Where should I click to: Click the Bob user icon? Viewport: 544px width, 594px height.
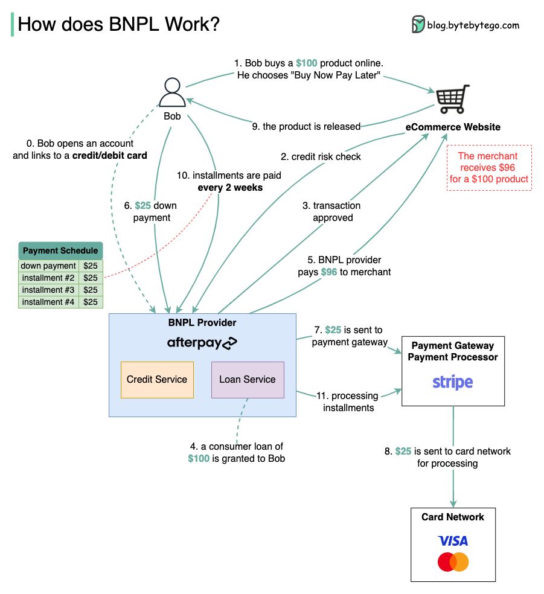point(172,94)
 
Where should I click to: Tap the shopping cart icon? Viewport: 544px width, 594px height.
point(453,98)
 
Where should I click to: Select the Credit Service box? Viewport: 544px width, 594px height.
point(157,380)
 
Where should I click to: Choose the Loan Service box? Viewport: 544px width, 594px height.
point(248,380)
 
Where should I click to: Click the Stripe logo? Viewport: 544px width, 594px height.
point(453,382)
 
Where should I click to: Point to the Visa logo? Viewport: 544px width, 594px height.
point(453,540)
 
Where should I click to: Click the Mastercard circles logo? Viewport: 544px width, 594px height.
point(453,562)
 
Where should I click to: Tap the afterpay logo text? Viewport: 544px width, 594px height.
point(202,343)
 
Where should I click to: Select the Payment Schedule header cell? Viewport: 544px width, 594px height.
point(60,251)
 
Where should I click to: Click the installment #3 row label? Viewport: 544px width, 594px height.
point(48,290)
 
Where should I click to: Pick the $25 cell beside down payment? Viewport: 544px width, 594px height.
point(91,266)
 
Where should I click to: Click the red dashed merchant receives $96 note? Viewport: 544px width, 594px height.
point(489,167)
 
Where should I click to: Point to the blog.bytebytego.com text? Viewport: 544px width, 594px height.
point(473,25)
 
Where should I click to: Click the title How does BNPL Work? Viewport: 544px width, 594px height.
point(119,25)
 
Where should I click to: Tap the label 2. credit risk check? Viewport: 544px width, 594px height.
point(321,156)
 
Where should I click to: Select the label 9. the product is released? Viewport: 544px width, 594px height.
point(306,126)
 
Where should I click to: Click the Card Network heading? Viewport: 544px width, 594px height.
point(453,517)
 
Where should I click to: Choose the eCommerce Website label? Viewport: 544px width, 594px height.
point(453,127)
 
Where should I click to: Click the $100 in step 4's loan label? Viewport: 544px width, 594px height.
point(199,458)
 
